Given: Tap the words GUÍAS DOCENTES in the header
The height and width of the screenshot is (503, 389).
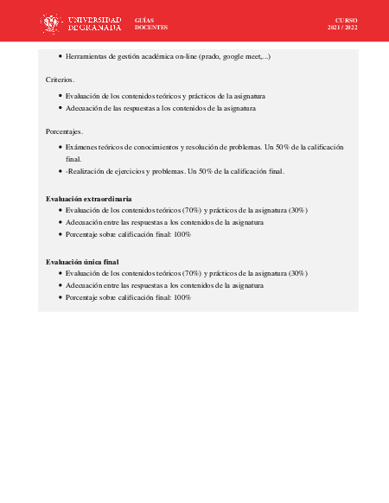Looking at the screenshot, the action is pyautogui.click(x=151, y=23).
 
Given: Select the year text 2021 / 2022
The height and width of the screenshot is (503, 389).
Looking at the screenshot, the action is pyautogui.click(x=342, y=28).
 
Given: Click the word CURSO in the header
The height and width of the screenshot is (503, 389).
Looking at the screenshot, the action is pyautogui.click(x=346, y=19).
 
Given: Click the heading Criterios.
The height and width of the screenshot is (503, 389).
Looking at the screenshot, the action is pyautogui.click(x=60, y=80).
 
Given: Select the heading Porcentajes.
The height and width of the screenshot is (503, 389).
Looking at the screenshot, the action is pyautogui.click(x=64, y=131).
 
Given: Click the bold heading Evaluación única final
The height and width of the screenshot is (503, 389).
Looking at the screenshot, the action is pyautogui.click(x=82, y=261).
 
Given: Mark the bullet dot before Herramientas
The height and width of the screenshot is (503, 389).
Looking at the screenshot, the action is pyautogui.click(x=60, y=56).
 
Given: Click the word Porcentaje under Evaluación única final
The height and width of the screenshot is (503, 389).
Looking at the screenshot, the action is pyautogui.click(x=84, y=297).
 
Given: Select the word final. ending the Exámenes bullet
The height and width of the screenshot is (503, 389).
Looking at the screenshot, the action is pyautogui.click(x=73, y=159).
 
